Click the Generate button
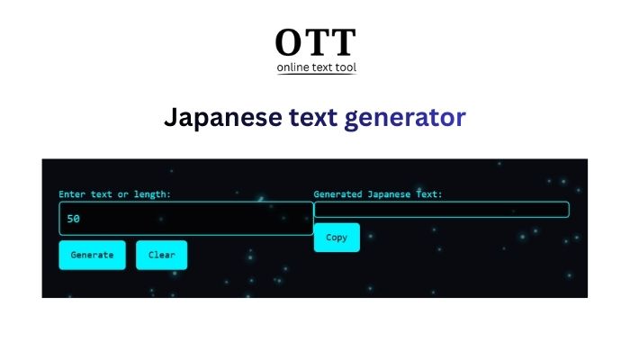(x=92, y=255)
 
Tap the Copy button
(x=337, y=238)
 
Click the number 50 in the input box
(x=74, y=219)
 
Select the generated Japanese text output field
(x=441, y=210)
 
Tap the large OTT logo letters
(x=315, y=43)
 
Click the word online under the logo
(x=295, y=67)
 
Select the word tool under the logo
(x=346, y=67)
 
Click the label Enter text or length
(x=114, y=194)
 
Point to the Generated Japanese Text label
(x=378, y=194)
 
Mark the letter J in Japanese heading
(x=170, y=118)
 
